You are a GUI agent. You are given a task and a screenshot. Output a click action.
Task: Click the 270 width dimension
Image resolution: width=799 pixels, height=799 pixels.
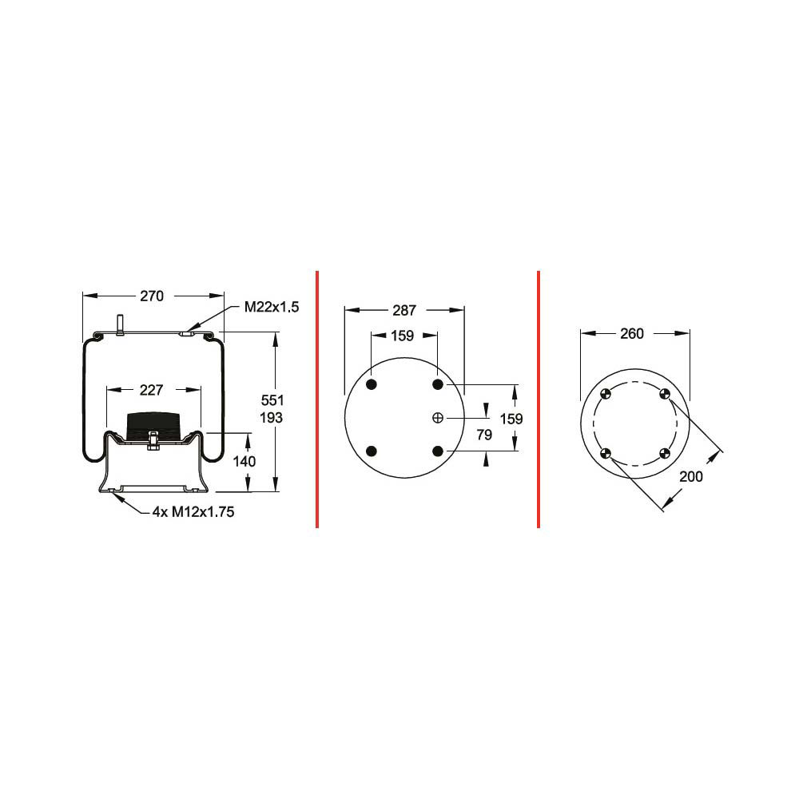point(152,296)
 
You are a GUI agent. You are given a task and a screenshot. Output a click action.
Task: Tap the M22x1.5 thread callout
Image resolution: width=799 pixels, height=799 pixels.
point(272,308)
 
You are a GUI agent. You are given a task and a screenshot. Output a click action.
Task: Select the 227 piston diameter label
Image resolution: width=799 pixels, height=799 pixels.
point(151,391)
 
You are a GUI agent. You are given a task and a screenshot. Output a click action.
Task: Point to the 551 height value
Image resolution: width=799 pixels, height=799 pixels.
point(272,400)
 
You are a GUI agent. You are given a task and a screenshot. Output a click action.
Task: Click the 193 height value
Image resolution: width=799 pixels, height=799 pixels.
point(271,418)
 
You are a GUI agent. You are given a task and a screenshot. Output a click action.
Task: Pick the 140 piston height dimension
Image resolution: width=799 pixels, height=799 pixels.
point(244,462)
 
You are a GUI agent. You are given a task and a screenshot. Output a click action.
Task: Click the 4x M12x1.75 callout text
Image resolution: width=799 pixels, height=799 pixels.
point(193,511)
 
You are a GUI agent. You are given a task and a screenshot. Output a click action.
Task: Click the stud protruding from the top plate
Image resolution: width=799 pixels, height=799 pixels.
point(121,326)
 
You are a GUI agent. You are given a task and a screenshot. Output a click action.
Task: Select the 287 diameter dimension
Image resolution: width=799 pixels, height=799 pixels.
point(404,310)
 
